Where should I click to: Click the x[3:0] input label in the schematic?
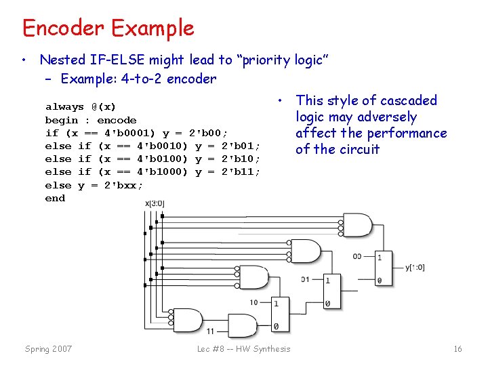155,203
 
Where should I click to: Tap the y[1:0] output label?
415,267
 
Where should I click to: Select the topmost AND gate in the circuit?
357,224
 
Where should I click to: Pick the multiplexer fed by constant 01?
331,291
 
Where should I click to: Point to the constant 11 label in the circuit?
210,331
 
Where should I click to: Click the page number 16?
457,349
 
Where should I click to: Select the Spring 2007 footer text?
48,349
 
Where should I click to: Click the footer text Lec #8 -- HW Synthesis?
243,349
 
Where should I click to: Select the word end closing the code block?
55,198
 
